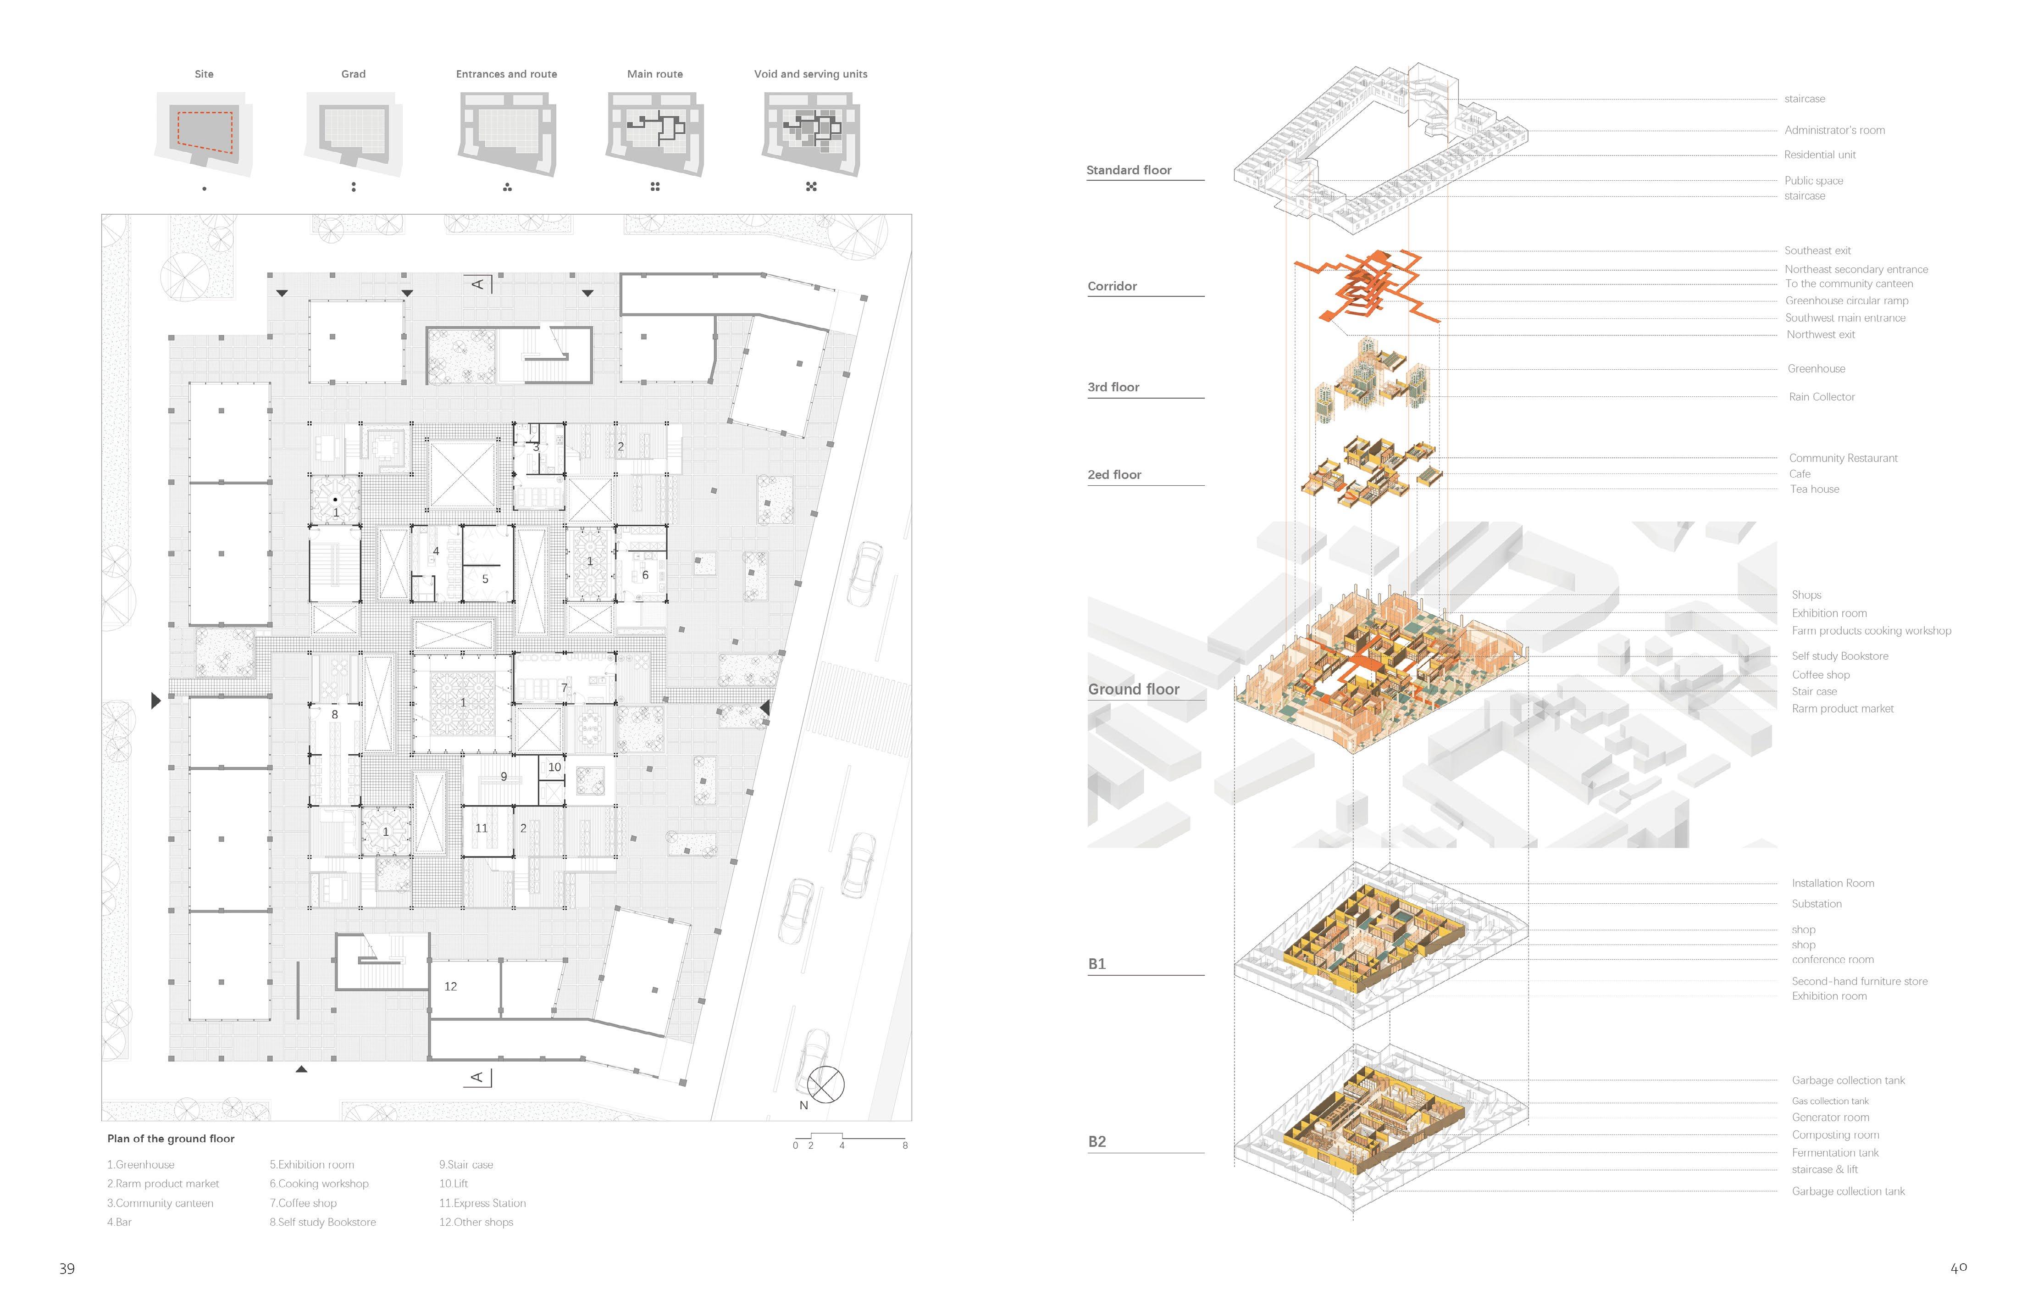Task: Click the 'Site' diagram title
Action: pos(204,74)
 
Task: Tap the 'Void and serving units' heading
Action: pos(810,74)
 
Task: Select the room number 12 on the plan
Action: pos(450,987)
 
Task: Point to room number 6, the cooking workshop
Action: pos(645,575)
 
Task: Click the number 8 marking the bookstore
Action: pos(335,715)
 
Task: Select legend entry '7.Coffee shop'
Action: pos(303,1203)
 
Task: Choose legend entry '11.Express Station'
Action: pos(482,1203)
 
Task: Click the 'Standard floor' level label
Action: pos(1129,170)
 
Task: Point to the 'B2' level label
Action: pos(1097,1142)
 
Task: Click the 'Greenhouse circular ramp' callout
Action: pos(1846,301)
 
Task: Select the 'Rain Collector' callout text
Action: pos(1821,397)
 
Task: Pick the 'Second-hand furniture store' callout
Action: pos(1859,981)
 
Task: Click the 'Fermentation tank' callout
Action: pos(1834,1153)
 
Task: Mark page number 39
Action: pos(67,1268)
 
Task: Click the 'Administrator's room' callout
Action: pos(1834,130)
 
